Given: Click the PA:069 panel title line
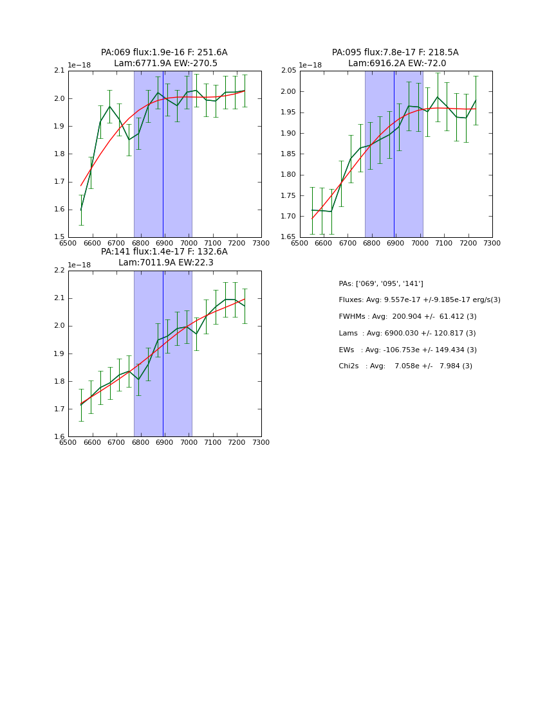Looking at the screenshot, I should coord(164,53).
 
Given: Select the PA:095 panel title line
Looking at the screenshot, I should coord(395,53).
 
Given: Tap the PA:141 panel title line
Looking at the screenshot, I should coord(164,252).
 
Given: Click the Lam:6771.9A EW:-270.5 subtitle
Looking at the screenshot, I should coord(165,64).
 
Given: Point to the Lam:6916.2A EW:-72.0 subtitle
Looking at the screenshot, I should coord(397,64).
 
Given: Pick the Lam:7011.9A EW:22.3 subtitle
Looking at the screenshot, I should coord(165,263).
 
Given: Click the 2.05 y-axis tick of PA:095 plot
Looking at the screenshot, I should coord(288,71).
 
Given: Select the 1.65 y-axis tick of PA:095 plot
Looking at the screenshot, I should coord(288,237).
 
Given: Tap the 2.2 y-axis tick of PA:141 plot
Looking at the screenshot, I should coord(59,271).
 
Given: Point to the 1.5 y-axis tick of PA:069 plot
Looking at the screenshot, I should coord(59,237).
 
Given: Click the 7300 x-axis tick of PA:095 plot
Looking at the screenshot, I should coord(492,243).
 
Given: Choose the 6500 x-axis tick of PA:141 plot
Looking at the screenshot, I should coord(68,442).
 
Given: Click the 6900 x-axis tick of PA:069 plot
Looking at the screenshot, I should coord(164,243).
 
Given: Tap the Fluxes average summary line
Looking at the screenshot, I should coord(419,300).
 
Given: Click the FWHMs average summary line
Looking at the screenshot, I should coord(407,317).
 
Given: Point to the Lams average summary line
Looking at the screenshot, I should coord(407,334).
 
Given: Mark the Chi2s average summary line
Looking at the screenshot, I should coord(405,366).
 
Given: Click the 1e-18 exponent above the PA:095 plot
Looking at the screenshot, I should coord(311,66).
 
